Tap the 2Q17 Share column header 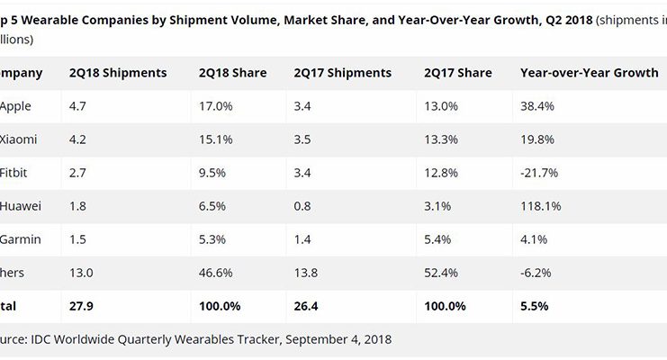456,73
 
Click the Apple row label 16,106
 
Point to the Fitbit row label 15,173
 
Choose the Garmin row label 19,239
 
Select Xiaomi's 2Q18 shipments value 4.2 78,139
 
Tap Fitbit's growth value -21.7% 540,173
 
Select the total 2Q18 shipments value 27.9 83,306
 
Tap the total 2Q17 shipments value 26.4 309,306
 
